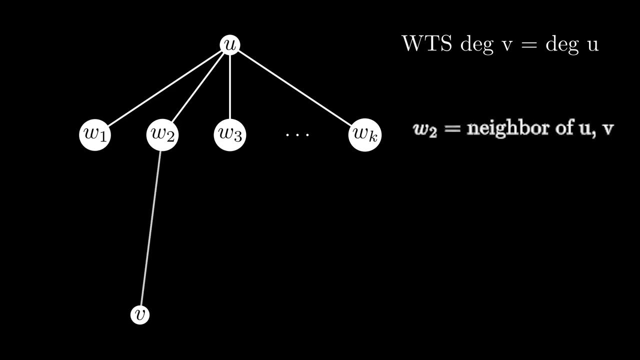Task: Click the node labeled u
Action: pyautogui.click(x=230, y=44)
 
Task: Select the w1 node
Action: pyautogui.click(x=95, y=134)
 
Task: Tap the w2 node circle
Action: pyautogui.click(x=162, y=134)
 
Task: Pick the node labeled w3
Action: pyautogui.click(x=230, y=134)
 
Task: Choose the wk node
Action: pyautogui.click(x=365, y=134)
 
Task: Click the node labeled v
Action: pyautogui.click(x=140, y=314)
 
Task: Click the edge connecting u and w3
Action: pyautogui.click(x=230, y=85)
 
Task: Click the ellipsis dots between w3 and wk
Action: pyautogui.click(x=297, y=134)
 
